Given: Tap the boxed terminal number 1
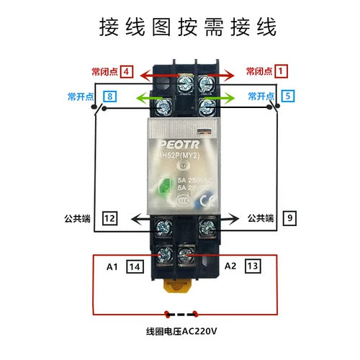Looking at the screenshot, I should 282,71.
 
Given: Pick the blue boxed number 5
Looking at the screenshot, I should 287,95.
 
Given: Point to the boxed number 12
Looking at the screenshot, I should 109,217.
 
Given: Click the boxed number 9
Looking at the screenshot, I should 289,217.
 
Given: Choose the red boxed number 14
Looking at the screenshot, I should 133,266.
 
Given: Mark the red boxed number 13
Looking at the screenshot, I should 251,266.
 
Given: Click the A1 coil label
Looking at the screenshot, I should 112,266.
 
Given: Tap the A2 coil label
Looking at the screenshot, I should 230,266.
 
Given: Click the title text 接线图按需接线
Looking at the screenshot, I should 186,28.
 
